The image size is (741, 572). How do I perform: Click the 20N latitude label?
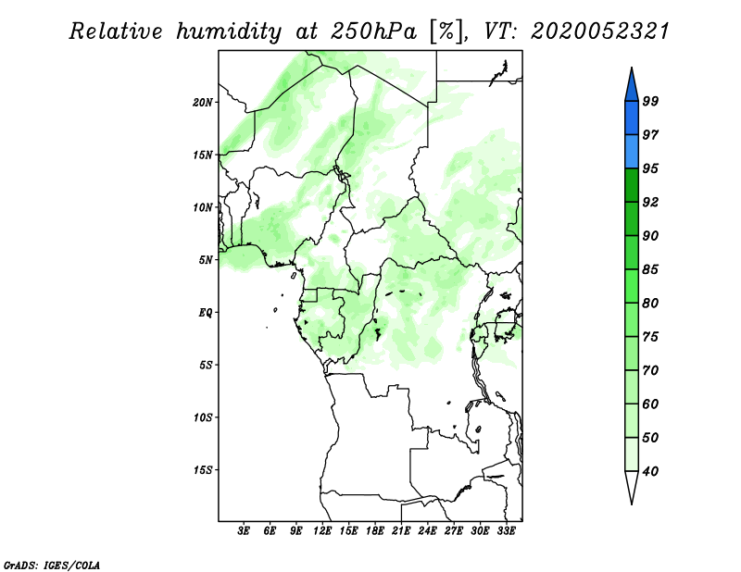point(203,102)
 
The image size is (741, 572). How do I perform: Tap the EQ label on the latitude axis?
point(206,312)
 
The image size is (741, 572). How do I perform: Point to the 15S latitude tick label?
point(203,470)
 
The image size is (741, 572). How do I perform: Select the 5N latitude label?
point(206,260)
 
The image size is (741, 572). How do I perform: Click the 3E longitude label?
point(244,530)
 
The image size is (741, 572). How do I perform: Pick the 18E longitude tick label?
point(375,530)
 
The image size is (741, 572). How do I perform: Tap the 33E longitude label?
point(506,530)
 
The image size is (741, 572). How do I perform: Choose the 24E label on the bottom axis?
point(427,530)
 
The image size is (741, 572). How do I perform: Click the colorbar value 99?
point(650,101)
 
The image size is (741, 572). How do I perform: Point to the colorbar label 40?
point(650,471)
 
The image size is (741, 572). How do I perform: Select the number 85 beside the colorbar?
point(650,269)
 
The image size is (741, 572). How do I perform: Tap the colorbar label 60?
point(650,404)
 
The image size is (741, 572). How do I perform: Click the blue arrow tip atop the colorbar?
point(632,68)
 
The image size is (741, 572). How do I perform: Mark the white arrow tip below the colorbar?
point(632,504)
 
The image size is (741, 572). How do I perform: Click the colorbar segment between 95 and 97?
point(632,152)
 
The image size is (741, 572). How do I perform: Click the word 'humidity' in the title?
point(229,31)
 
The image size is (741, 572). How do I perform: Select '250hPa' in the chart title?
point(374,31)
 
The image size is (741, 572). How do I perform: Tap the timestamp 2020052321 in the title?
point(600,31)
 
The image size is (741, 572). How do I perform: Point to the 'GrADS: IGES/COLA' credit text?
point(52,565)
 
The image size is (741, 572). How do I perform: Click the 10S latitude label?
point(203,417)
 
